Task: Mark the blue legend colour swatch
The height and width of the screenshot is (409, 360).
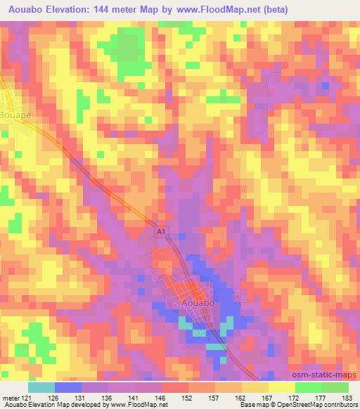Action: (x=67, y=387)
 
